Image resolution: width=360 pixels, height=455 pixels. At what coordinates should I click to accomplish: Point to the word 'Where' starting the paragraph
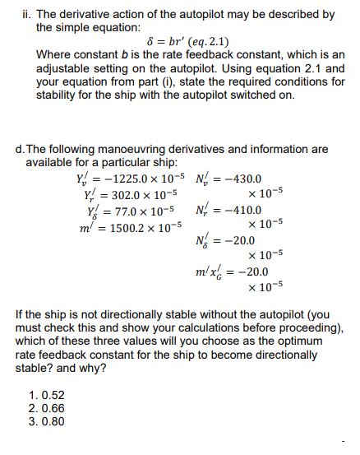point(54,55)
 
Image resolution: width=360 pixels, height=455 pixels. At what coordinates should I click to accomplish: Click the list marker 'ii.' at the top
point(23,15)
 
